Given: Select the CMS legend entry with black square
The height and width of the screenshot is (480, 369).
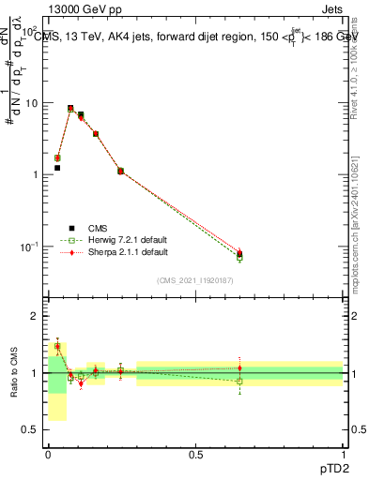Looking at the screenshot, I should pyautogui.click(x=92, y=228).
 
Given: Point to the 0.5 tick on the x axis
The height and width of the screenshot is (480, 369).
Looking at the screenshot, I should pyautogui.click(x=195, y=454).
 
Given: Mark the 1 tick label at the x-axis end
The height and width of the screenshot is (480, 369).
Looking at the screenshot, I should pyautogui.click(x=344, y=454).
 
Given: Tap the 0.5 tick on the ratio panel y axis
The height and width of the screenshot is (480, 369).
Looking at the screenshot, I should pyautogui.click(x=31, y=430).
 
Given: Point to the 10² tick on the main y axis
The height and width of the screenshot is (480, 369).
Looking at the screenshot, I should pyautogui.click(x=30, y=32).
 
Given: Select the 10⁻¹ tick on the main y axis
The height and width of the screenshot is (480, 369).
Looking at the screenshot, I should pyautogui.click(x=30, y=247).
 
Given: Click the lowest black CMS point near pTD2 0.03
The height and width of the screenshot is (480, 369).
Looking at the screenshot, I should pyautogui.click(x=57, y=168).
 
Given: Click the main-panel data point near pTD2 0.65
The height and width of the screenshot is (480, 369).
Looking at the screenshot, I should pyautogui.click(x=239, y=254).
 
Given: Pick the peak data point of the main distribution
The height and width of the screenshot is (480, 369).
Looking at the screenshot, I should pyautogui.click(x=70, y=109).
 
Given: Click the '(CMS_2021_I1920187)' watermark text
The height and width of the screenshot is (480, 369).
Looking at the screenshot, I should pyautogui.click(x=194, y=280).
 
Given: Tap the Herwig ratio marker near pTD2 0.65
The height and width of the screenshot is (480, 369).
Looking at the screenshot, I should pyautogui.click(x=239, y=381).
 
